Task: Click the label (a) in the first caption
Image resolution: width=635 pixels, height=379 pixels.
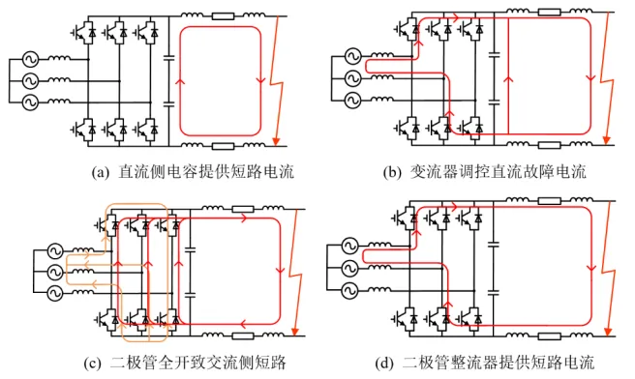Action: pyautogui.click(x=101, y=173)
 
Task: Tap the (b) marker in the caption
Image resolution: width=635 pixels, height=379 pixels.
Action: pyautogui.click(x=392, y=173)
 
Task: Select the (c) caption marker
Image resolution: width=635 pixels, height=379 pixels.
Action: pyautogui.click(x=92, y=363)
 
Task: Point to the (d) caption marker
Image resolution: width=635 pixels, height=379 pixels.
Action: pyautogui.click(x=384, y=363)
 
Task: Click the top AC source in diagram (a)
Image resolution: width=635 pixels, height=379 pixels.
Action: pyautogui.click(x=30, y=59)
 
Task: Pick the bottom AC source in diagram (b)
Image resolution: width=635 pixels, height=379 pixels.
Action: pyautogui.click(x=352, y=100)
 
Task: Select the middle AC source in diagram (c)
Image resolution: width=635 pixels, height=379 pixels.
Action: pyautogui.click(x=54, y=273)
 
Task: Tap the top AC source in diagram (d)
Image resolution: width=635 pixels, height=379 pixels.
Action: pyautogui.click(x=349, y=246)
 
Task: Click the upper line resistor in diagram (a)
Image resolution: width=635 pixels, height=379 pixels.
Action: pyautogui.click(x=223, y=16)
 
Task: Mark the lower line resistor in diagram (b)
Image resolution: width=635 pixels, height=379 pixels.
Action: pyautogui.click(x=550, y=145)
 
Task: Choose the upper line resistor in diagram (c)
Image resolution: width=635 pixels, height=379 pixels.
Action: pyautogui.click(x=243, y=209)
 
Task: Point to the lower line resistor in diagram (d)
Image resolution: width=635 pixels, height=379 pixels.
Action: pyautogui.click(x=550, y=335)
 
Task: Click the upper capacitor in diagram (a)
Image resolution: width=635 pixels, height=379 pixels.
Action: pyautogui.click(x=168, y=59)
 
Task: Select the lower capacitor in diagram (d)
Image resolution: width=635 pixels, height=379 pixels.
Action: pyautogui.click(x=494, y=292)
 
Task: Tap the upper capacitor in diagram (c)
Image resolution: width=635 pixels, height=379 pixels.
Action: pyautogui.click(x=190, y=249)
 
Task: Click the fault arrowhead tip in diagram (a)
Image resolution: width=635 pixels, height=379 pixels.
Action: pyautogui.click(x=276, y=145)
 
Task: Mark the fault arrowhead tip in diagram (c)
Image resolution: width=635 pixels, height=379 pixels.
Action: pyautogui.click(x=295, y=335)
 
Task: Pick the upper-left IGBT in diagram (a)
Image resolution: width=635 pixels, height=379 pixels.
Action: pyautogui.click(x=84, y=31)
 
